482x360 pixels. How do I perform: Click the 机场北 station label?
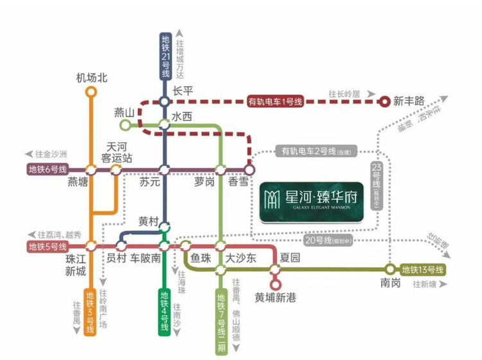coord(91,78)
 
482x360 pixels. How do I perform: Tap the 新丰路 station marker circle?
coord(384,100)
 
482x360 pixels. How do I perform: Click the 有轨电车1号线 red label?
coord(274,101)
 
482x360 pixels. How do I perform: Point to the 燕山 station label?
coord(123,113)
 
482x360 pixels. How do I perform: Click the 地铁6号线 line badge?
coord(48,170)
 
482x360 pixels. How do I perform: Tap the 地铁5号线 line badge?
coord(47,246)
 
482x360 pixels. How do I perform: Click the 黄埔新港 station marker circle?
coord(276,283)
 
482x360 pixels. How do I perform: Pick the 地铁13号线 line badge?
coord(422,269)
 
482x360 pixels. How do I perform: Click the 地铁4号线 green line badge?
coord(165,312)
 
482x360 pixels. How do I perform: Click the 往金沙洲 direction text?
coord(51,154)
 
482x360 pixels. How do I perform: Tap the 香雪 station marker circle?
coord(249,170)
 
